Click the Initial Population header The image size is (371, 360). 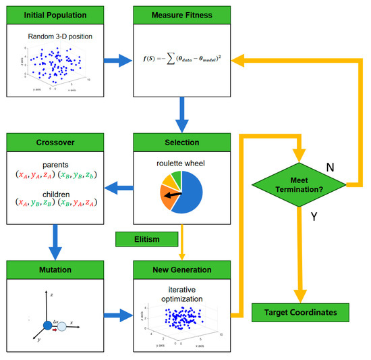pos(53,14)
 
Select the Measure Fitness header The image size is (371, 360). pos(180,14)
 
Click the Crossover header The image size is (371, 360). pos(53,143)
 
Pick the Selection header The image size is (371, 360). pos(180,143)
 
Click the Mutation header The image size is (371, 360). pos(53,272)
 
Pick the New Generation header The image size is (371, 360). pos(180,272)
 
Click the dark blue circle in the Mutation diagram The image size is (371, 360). pos(49,326)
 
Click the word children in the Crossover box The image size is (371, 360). pos(53,191)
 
